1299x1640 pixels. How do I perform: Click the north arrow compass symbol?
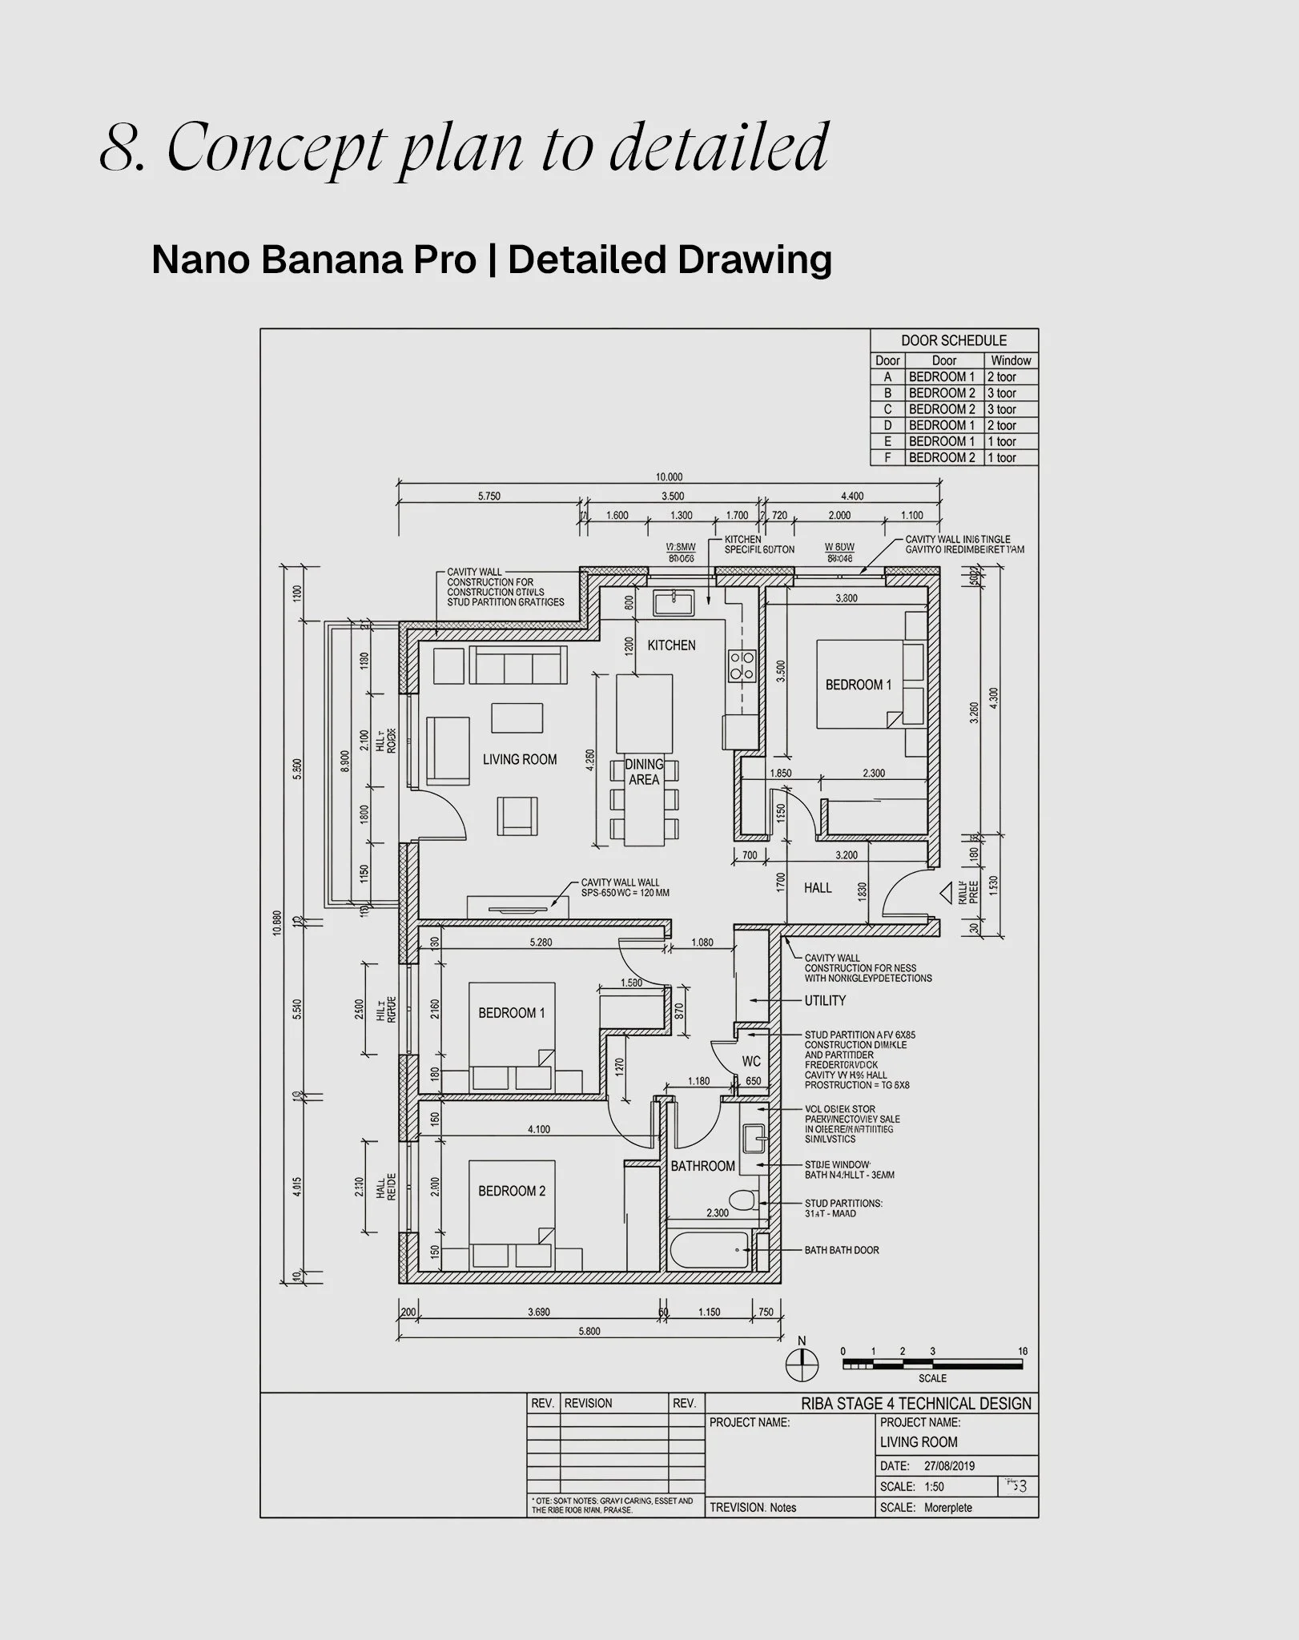pyautogui.click(x=802, y=1364)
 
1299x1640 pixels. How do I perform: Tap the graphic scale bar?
pyautogui.click(x=931, y=1364)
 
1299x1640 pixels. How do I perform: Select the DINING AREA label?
pyautogui.click(x=644, y=772)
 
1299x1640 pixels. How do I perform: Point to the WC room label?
pyautogui.click(x=751, y=1062)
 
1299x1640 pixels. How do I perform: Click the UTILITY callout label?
pyautogui.click(x=825, y=1000)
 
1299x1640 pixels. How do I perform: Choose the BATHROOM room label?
pyautogui.click(x=702, y=1166)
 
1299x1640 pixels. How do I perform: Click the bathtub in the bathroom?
pyautogui.click(x=710, y=1250)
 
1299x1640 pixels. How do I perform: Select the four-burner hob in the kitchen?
pyautogui.click(x=741, y=665)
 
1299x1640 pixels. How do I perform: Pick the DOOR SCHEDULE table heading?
pyautogui.click(x=954, y=340)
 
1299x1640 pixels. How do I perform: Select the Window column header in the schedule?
pyautogui.click(x=1011, y=360)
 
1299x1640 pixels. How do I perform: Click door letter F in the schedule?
pyautogui.click(x=887, y=457)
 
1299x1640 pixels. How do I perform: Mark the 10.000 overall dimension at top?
pyautogui.click(x=669, y=477)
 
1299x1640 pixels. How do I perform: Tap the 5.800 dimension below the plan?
pyautogui.click(x=589, y=1332)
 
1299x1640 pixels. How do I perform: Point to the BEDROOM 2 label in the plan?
pyautogui.click(x=512, y=1191)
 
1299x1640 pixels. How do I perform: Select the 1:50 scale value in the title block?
pyautogui.click(x=934, y=1486)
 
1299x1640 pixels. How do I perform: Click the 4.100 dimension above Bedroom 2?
pyautogui.click(x=539, y=1129)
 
